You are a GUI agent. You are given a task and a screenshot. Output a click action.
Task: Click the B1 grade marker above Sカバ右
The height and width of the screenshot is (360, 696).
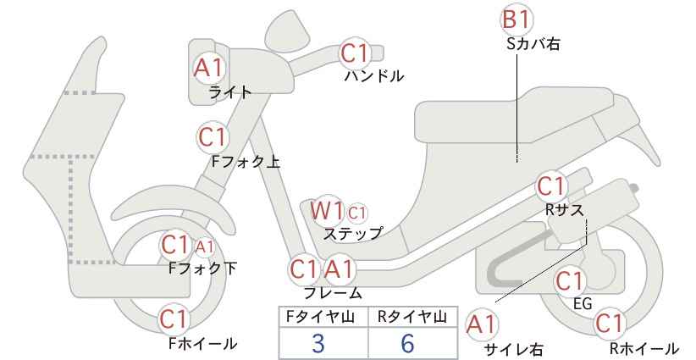[516, 20]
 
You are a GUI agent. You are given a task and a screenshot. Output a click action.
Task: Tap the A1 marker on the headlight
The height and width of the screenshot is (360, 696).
[209, 68]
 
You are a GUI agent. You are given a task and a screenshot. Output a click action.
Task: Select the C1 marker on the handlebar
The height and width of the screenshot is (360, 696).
[355, 53]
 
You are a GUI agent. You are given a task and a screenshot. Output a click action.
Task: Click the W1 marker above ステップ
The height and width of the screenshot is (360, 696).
[327, 210]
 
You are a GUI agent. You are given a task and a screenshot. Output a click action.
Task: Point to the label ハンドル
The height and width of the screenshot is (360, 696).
[374, 76]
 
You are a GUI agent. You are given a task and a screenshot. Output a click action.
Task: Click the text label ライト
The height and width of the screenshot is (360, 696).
[230, 92]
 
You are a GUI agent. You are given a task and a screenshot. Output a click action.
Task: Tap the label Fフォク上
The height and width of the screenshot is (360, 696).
[246, 161]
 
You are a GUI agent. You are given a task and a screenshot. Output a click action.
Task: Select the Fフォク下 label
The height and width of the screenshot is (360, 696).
[202, 269]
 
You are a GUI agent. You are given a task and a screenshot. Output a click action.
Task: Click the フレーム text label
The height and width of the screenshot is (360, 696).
[333, 292]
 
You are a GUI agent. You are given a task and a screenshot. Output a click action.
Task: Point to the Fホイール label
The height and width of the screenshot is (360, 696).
[203, 343]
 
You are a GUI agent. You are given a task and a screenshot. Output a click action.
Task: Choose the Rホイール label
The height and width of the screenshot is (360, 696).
[644, 348]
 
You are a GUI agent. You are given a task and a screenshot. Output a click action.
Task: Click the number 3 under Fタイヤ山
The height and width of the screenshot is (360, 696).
[318, 343]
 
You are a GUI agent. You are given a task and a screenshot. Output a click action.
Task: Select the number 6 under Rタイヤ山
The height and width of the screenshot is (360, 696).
[407, 343]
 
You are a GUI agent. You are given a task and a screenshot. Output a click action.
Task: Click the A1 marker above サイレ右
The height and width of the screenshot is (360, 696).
[482, 325]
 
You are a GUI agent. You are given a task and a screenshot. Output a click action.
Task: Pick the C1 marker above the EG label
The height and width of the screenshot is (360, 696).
[569, 280]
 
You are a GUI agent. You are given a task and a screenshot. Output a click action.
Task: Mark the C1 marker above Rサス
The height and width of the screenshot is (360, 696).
[551, 186]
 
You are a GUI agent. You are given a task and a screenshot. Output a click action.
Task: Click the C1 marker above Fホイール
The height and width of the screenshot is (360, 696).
[175, 318]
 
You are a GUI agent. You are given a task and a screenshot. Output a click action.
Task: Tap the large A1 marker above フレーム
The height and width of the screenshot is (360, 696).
[340, 269]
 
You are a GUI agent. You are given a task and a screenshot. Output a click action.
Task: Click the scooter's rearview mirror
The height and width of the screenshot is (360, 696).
[288, 27]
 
